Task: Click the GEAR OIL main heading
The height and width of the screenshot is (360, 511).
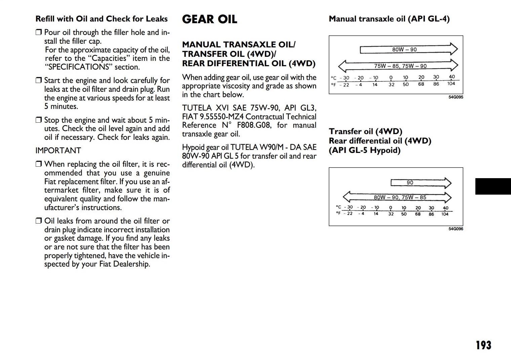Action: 209,19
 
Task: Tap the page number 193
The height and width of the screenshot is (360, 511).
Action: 483,345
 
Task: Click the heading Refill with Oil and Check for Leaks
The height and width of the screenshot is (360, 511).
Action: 102,19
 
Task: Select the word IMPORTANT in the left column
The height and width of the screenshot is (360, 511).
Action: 58,151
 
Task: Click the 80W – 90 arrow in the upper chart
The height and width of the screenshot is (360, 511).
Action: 408,49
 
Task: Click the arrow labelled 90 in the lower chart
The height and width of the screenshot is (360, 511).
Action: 421,183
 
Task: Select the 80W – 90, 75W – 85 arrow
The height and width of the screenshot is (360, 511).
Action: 397,197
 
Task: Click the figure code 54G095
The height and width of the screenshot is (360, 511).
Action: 456,97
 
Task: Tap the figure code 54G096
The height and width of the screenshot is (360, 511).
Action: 456,229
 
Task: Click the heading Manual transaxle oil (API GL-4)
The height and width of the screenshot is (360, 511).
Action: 389,19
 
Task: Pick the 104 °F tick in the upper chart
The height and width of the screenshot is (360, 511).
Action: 451,84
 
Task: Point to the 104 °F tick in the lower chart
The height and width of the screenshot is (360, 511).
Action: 445,214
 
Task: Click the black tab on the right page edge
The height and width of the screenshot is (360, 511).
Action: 493,187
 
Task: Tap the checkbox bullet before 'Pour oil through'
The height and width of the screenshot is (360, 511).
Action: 39,32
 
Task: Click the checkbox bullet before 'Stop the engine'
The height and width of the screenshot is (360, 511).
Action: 39,120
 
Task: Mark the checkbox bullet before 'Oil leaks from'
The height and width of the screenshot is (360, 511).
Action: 39,221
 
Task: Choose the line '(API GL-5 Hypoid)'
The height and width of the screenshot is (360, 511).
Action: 365,150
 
